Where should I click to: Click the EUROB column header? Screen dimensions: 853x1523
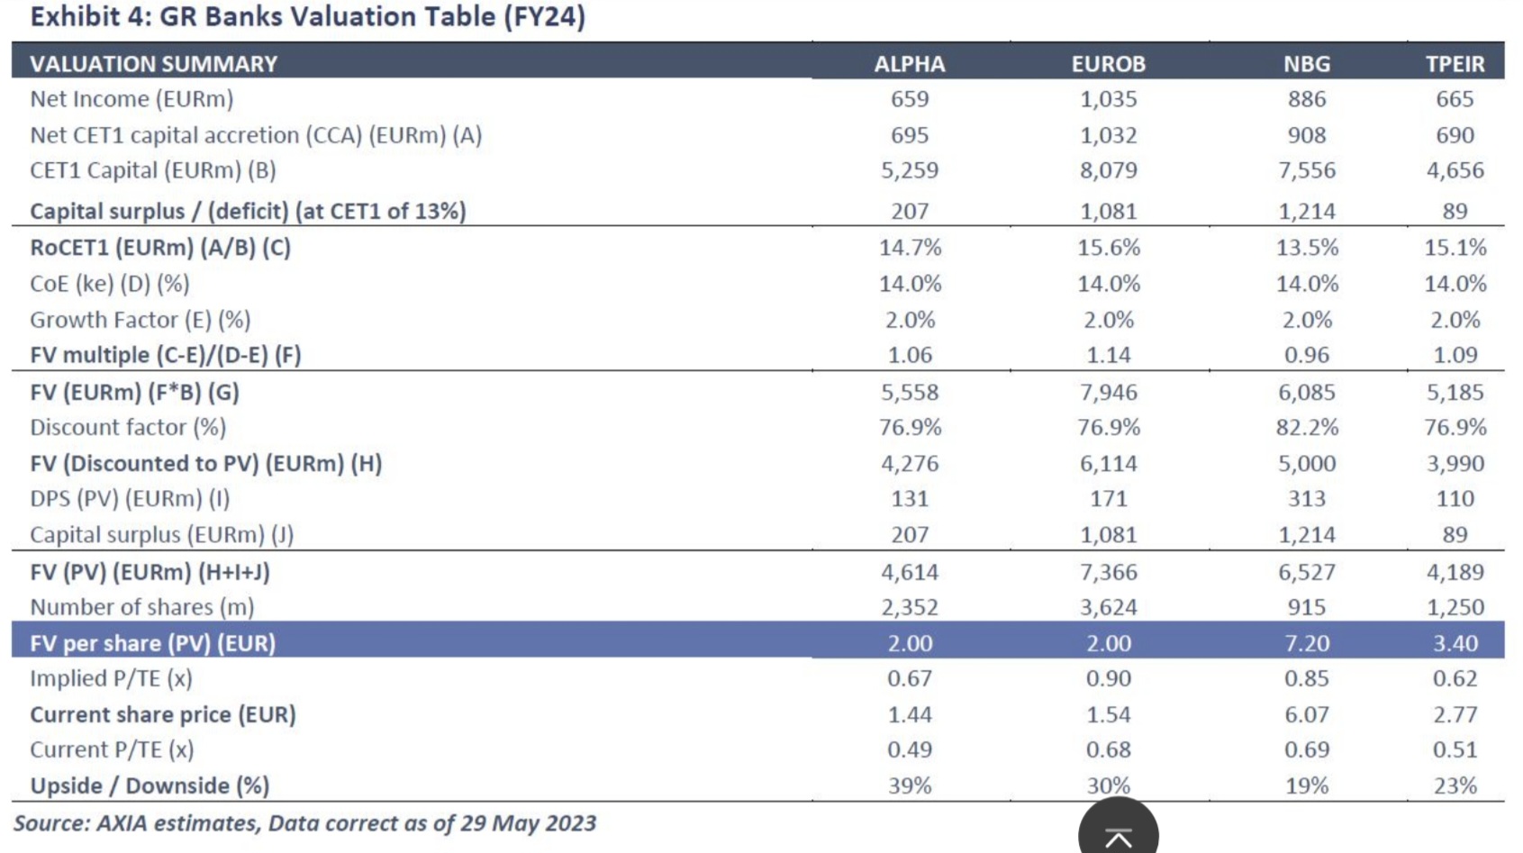click(1108, 64)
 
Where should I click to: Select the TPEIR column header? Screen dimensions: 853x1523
click(1455, 64)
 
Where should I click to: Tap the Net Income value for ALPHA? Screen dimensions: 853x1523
click(910, 99)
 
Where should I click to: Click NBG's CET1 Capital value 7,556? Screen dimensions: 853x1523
click(1306, 170)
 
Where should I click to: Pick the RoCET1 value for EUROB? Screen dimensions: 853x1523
click(1108, 248)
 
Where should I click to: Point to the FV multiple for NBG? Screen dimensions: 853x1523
click(1306, 355)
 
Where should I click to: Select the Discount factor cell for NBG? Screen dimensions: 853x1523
click(1306, 427)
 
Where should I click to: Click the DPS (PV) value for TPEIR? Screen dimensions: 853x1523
click(1455, 498)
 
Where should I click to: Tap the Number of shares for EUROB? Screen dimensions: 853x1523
click(1108, 607)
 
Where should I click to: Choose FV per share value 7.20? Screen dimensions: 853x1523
click(1306, 643)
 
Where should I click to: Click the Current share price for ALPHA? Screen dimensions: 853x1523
click(910, 714)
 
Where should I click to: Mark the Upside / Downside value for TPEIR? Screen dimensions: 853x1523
click(1455, 785)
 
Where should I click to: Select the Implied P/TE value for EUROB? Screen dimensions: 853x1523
click(1108, 678)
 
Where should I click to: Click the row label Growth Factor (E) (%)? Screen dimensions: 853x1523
click(140, 320)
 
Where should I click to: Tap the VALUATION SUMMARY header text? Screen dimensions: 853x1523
click(153, 64)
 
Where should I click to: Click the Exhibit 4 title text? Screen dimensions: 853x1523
click(307, 17)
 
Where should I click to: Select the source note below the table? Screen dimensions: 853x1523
click(304, 823)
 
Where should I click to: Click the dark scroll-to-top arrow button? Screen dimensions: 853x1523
click(1118, 834)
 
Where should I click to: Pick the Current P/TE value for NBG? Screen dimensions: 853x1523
click(1306, 749)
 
